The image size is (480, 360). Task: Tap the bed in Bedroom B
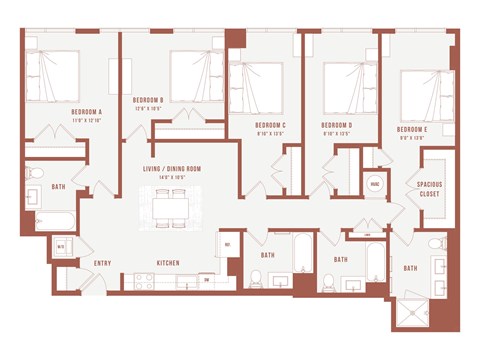point(197,75)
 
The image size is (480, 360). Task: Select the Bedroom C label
point(270,125)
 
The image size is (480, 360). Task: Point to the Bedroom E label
point(413,130)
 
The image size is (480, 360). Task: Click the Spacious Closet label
point(430,189)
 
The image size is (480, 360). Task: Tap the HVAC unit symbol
point(374,184)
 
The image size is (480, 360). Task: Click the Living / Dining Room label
point(172,169)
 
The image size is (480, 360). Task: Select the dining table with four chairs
point(172,205)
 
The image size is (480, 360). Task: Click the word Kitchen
point(167,264)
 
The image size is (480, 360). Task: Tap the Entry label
point(102,264)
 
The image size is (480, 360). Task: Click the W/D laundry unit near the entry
point(61,246)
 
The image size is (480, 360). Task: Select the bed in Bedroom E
point(426,95)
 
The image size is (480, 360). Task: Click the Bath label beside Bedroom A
point(58,186)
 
